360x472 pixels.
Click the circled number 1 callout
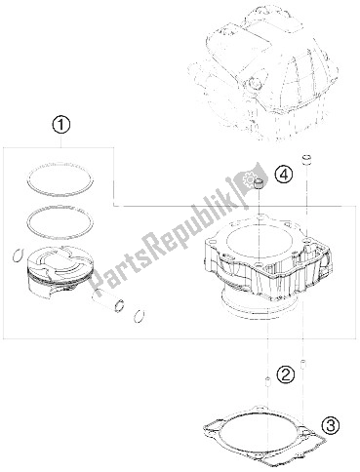(x=61, y=126)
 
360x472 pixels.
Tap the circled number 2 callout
(x=285, y=374)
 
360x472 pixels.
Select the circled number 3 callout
(x=331, y=426)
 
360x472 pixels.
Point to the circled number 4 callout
(x=283, y=176)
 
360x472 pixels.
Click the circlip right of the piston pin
(x=138, y=316)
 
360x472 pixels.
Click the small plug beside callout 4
(x=259, y=184)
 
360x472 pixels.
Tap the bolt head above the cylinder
(x=307, y=160)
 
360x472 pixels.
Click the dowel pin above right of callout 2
(x=302, y=364)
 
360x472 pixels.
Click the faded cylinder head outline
(x=265, y=73)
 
